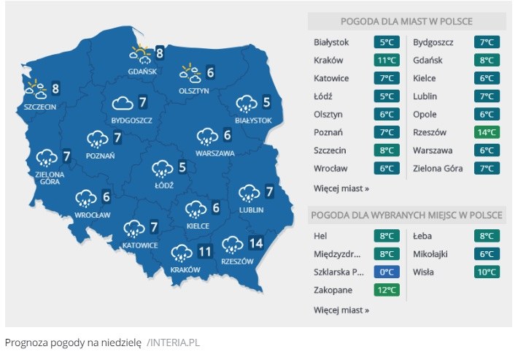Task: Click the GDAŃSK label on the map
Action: [x=142, y=72]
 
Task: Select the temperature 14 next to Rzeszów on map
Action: [x=255, y=244]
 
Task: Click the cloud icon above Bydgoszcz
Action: [x=122, y=103]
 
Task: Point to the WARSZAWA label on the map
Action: [x=214, y=153]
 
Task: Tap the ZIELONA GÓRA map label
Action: [x=49, y=179]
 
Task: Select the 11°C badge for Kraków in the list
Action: [x=387, y=60]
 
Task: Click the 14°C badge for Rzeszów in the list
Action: [x=486, y=133]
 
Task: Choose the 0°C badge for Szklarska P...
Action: [x=387, y=272]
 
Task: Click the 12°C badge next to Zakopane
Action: [x=387, y=291]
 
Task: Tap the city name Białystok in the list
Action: [x=331, y=42]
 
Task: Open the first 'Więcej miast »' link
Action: [x=341, y=188]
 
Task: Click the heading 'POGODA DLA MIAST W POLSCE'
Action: [x=406, y=20]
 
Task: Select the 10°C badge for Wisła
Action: [x=486, y=272]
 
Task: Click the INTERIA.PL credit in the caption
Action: [x=173, y=342]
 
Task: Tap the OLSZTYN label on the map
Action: [x=194, y=91]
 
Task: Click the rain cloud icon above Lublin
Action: [x=250, y=193]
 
